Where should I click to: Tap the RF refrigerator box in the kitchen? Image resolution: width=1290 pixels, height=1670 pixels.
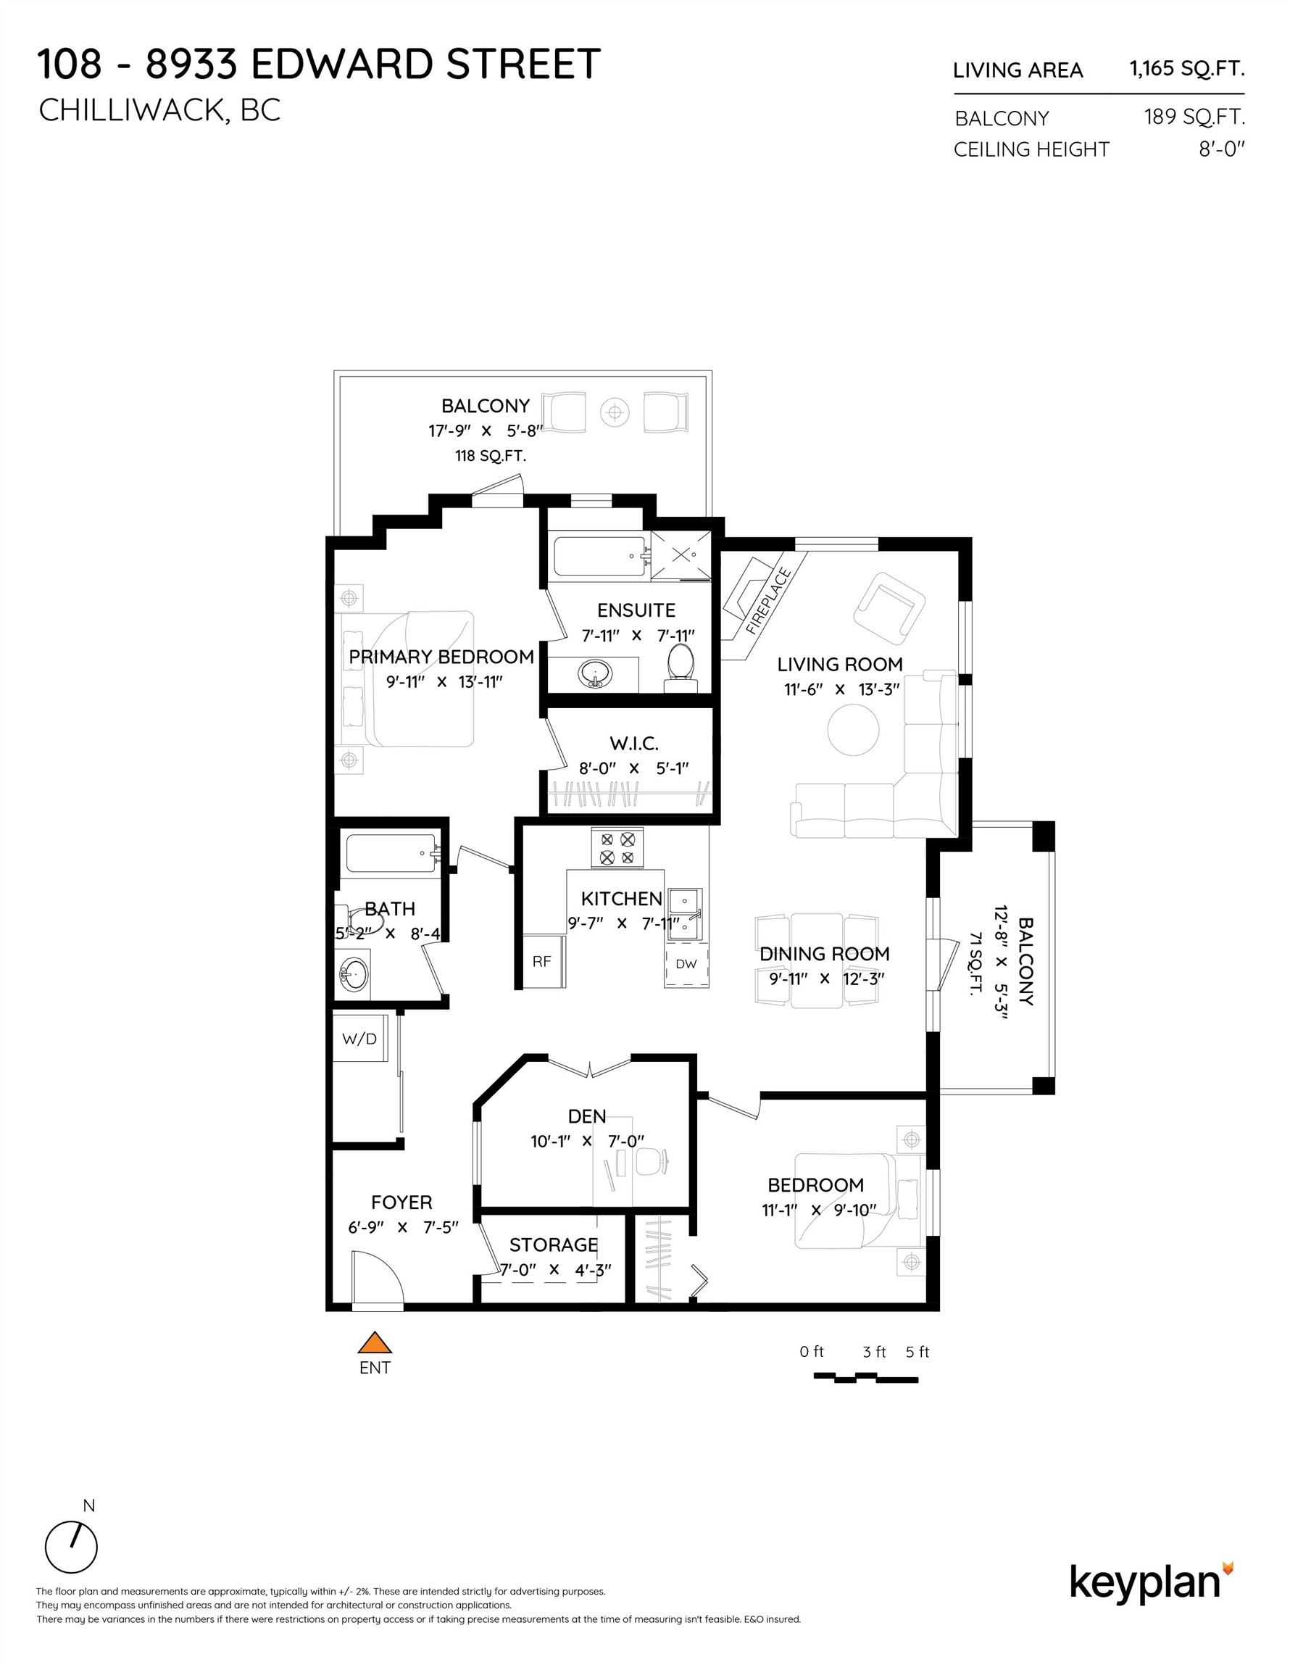541,961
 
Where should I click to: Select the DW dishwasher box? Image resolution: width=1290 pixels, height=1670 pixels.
686,964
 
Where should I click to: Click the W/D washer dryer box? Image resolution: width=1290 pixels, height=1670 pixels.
359,1039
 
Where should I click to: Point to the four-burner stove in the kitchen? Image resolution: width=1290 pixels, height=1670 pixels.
617,848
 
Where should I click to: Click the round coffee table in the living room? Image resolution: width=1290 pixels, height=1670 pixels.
854,729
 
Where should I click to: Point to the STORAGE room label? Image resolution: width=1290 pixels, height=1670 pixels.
554,1244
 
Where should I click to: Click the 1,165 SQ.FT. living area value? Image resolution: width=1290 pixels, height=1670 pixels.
1187,69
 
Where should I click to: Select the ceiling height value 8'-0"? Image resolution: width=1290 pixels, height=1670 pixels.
1221,149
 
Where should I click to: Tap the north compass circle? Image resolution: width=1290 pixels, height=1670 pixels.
71,1548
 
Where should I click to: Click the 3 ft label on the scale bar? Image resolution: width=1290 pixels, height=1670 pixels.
874,1351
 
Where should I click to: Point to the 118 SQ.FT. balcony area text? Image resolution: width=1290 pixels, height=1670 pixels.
490,456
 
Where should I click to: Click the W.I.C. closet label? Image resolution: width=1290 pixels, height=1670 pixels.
634,743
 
